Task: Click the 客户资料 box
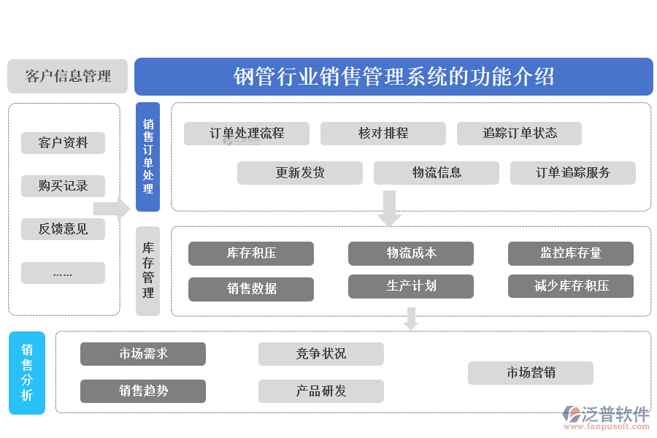tap(63, 143)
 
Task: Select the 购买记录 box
tap(63, 186)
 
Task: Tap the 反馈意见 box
tap(63, 229)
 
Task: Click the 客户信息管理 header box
tap(67, 77)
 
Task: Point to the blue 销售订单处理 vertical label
tap(147, 156)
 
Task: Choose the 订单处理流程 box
tap(247, 134)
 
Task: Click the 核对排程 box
tap(383, 134)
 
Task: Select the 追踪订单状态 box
tap(520, 134)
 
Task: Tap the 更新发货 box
tap(300, 173)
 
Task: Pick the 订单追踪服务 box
tap(573, 173)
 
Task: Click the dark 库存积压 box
tap(251, 253)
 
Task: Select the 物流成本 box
tap(411, 253)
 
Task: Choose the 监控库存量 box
tap(571, 253)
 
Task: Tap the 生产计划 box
tap(411, 286)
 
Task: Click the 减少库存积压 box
tap(571, 286)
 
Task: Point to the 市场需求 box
tap(143, 354)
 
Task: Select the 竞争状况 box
tap(321, 354)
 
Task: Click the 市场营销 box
tap(531, 373)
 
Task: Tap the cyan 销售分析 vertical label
tap(27, 373)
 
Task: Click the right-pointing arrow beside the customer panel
tap(112, 209)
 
